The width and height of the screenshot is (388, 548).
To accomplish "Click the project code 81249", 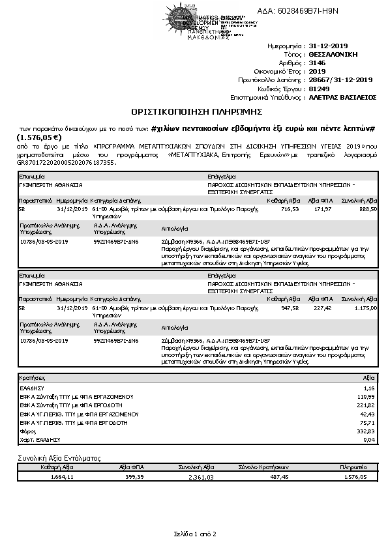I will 319,88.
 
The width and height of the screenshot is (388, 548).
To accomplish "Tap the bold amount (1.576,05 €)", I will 38,137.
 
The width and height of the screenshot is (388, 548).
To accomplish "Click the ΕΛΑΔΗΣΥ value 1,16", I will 369,388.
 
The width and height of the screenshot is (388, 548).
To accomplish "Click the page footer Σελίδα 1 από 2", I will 194,534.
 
